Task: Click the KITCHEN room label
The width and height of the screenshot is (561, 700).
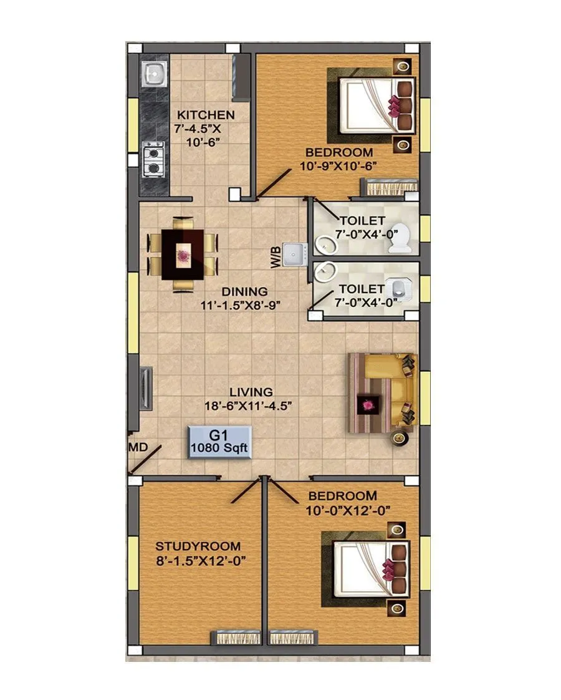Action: (206, 115)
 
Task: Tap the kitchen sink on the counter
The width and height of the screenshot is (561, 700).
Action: (154, 74)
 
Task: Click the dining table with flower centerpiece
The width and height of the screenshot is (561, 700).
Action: (183, 255)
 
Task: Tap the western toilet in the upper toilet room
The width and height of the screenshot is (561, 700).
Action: (400, 240)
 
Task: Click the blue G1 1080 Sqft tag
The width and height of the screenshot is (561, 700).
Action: (220, 442)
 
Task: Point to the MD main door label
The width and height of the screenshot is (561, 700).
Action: (138, 448)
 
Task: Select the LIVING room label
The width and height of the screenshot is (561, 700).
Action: (251, 392)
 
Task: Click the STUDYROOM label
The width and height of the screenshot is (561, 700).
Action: (198, 545)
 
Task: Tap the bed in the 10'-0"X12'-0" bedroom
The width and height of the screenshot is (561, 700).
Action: (368, 569)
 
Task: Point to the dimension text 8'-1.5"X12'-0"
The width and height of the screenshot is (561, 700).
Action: (199, 560)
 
